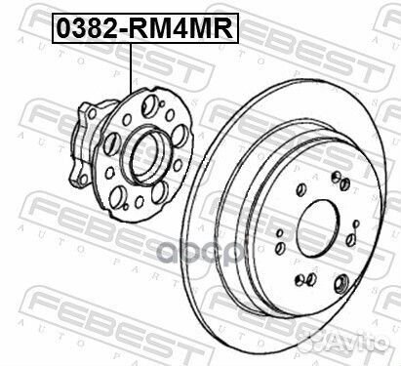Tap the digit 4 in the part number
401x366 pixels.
(188, 28)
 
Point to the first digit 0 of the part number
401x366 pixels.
(62, 28)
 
